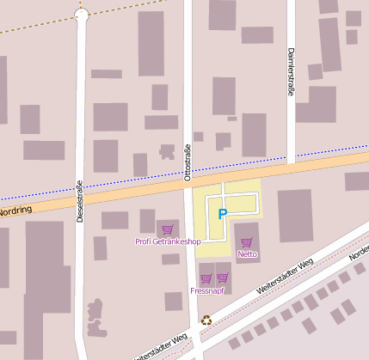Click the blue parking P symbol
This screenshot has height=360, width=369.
(223, 213)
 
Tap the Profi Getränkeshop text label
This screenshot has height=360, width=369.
(168, 241)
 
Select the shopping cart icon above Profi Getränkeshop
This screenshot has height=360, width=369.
(167, 229)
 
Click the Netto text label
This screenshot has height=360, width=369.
(247, 254)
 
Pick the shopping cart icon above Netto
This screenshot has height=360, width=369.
(247, 242)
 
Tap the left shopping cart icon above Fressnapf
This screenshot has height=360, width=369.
(206, 278)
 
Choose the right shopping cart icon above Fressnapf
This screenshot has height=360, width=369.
(223, 278)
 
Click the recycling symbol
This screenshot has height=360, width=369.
(206, 320)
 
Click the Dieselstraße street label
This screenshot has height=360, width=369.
(80, 201)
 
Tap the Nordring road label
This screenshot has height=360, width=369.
(15, 211)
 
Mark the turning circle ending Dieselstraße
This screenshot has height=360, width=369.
(82, 15)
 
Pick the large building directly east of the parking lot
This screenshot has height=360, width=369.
(295, 216)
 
